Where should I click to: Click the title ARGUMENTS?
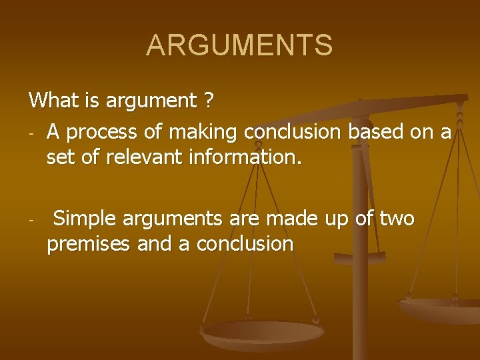pos(239,45)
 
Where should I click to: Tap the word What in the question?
pos(53,101)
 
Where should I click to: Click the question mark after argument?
pos(209,101)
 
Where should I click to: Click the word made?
pos(287,219)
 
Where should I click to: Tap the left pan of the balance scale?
pos(263,333)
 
